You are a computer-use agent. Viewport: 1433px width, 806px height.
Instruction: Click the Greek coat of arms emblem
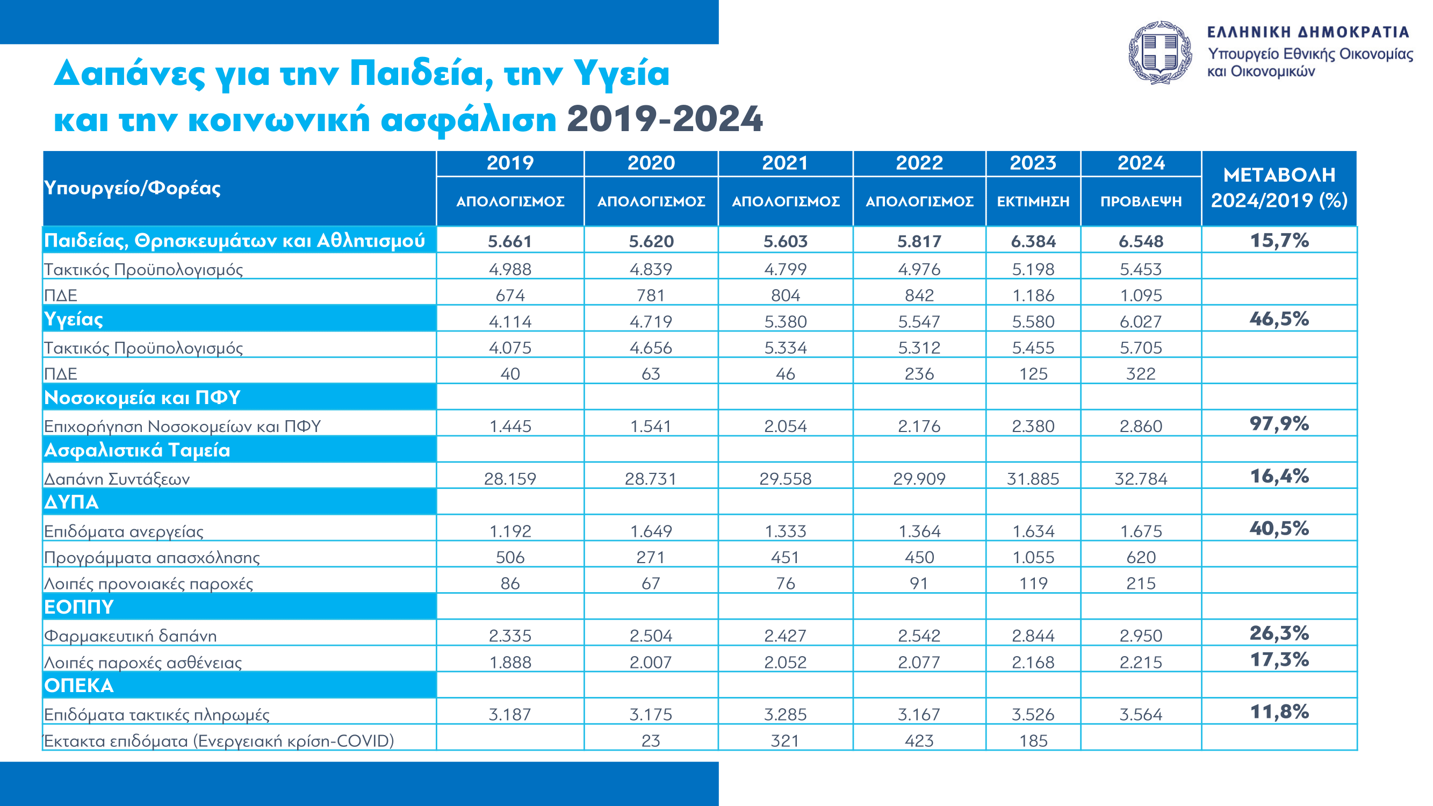(1160, 53)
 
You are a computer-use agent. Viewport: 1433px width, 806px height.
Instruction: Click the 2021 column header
(784, 163)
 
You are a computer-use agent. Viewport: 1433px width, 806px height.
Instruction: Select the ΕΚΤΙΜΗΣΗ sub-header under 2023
(1033, 201)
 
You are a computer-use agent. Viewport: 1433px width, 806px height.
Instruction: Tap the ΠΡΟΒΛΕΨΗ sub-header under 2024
(1141, 201)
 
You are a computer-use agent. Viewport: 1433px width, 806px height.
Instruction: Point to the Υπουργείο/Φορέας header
(132, 188)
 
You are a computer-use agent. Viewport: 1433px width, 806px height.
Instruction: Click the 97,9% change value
(1279, 424)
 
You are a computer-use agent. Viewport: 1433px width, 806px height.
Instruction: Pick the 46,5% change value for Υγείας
(1279, 319)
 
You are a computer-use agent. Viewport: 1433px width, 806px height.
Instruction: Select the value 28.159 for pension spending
(510, 479)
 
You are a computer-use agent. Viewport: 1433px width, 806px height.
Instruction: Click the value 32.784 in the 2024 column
(1141, 479)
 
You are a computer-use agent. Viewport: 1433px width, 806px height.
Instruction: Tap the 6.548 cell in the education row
(1141, 241)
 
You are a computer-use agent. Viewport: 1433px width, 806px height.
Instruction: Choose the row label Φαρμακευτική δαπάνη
(130, 636)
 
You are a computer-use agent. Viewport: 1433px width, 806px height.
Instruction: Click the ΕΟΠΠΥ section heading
(79, 607)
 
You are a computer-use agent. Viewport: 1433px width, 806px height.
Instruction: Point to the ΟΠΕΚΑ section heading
(79, 685)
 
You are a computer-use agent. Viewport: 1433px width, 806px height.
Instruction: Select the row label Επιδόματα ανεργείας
(124, 532)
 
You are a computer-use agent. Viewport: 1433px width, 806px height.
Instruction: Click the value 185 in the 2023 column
(1033, 741)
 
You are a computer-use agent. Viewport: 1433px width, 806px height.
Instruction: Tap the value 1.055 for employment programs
(1033, 557)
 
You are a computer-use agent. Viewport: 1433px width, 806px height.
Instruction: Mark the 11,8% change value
(1279, 712)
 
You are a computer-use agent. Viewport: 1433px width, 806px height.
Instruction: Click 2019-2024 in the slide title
(665, 119)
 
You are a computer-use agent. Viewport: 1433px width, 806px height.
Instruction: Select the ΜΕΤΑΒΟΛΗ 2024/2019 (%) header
(1279, 188)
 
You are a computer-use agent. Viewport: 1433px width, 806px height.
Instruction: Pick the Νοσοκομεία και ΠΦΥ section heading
(142, 398)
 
